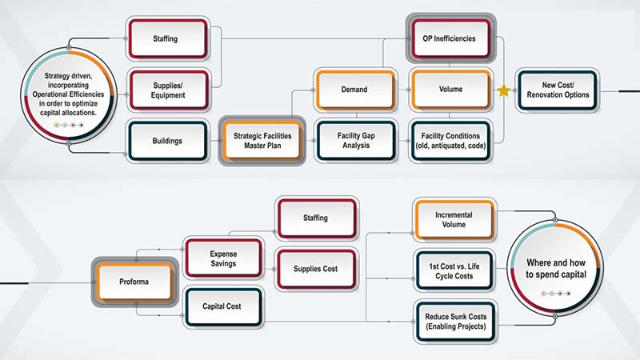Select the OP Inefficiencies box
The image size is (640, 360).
(448, 37)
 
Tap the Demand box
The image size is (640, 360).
(354, 89)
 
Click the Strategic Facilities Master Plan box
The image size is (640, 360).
(262, 141)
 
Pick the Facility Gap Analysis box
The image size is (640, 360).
(354, 141)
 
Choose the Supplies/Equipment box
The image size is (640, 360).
(169, 90)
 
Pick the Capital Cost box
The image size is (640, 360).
(223, 306)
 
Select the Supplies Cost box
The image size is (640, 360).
(315, 268)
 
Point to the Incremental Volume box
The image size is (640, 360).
(454, 220)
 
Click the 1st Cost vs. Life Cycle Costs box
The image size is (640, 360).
(454, 270)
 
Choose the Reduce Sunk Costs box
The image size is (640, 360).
(454, 322)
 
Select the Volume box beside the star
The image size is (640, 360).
(448, 89)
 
